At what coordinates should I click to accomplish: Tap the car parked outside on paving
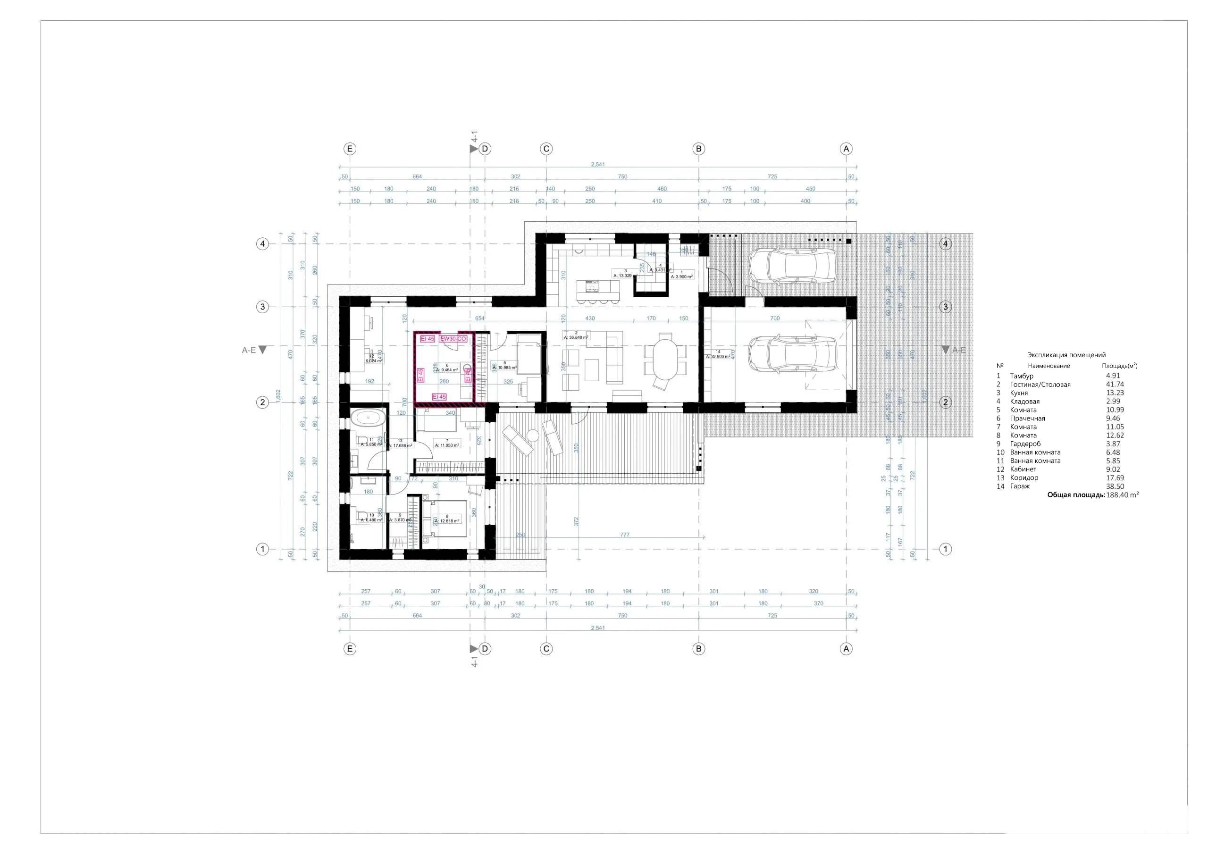792,266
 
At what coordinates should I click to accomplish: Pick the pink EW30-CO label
453,339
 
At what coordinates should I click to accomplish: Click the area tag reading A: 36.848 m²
576,337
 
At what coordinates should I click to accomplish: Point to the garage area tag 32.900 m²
718,356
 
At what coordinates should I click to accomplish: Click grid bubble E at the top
350,149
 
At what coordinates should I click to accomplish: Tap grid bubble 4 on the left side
262,243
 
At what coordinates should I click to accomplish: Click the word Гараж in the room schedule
1020,486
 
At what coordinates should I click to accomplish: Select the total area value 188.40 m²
1122,495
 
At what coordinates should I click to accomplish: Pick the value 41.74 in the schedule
1115,385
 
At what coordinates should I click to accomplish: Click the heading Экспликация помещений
1066,355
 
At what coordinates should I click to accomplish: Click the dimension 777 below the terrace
624,535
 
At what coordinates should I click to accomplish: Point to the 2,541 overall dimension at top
598,164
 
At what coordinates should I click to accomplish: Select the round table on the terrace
532,435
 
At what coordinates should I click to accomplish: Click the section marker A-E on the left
250,350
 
